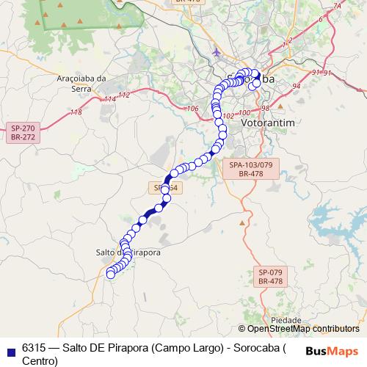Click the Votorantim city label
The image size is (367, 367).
point(268,123)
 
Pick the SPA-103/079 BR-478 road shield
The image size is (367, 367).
point(250,171)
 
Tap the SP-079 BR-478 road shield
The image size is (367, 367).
point(270,276)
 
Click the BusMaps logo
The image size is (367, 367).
point(333,350)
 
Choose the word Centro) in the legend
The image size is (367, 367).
point(40,360)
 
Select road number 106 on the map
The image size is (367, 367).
point(193,109)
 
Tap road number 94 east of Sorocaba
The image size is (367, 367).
point(297,86)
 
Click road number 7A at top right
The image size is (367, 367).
point(337,7)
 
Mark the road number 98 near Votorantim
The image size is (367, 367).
point(265,107)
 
